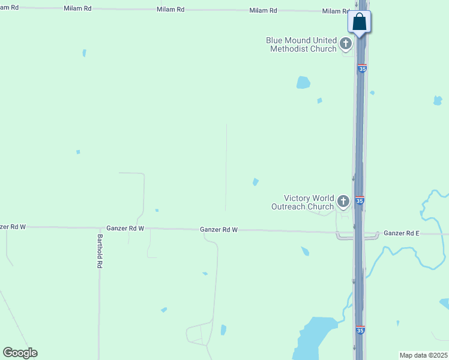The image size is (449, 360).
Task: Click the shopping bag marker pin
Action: [360, 22]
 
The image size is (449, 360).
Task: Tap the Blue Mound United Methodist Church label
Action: [301, 44]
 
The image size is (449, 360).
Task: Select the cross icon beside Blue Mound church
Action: [345, 43]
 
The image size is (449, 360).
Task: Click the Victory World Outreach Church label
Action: [309, 202]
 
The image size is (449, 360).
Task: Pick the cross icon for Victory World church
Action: [343, 201]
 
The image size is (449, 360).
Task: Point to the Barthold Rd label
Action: [100, 251]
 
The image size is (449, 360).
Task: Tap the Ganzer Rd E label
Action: [402, 233]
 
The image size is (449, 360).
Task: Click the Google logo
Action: [20, 353]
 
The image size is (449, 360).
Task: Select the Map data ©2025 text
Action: [424, 355]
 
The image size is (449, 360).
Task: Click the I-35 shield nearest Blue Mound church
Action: [362, 69]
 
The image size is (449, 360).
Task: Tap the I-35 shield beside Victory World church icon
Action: [360, 200]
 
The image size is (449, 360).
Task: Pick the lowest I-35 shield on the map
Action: [360, 330]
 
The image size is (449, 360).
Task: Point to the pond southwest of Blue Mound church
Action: [303, 82]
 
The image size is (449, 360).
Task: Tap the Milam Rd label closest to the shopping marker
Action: [335, 11]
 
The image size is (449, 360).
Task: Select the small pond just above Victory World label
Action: [256, 182]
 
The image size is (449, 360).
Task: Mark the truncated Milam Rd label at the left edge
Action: [8, 7]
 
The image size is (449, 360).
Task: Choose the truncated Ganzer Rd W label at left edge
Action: [12, 227]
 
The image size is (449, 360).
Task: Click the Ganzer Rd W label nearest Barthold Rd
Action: [125, 229]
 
